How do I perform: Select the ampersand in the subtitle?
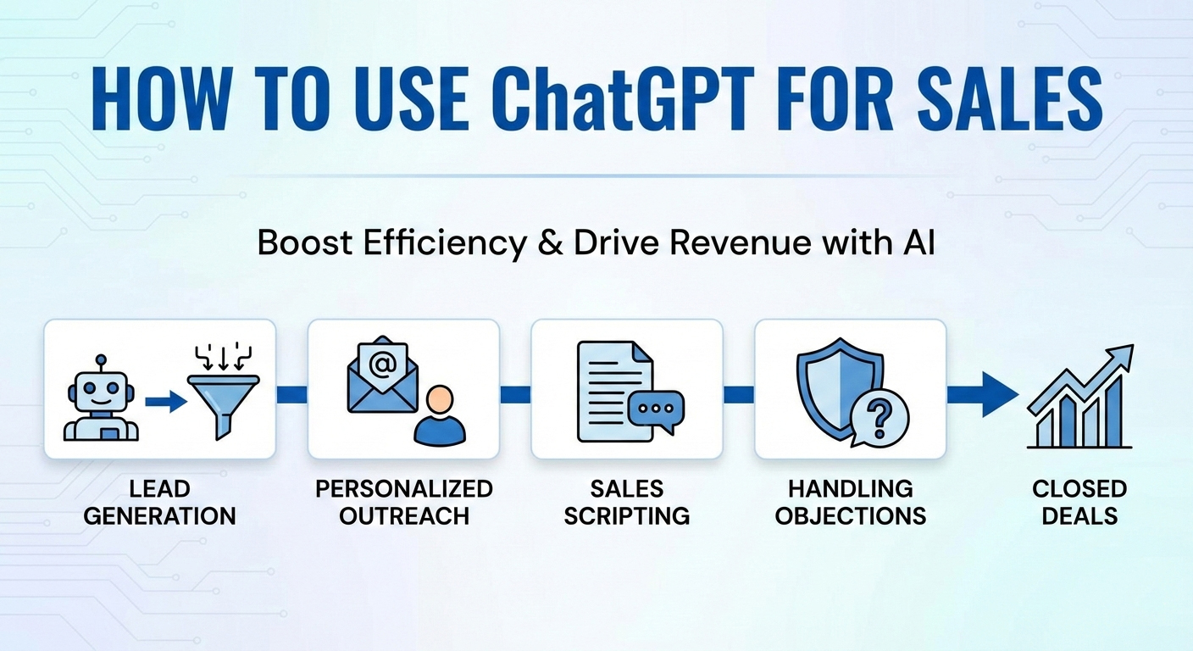541,243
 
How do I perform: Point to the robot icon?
101,398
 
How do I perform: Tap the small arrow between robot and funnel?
165,400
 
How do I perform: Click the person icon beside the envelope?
440,415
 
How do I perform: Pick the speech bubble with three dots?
655,410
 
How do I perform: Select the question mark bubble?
879,418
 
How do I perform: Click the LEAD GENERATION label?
159,502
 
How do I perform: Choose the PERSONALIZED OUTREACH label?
403,502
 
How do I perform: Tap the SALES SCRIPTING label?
627,502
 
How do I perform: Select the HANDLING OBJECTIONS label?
850,502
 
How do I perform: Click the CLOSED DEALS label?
1079,502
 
